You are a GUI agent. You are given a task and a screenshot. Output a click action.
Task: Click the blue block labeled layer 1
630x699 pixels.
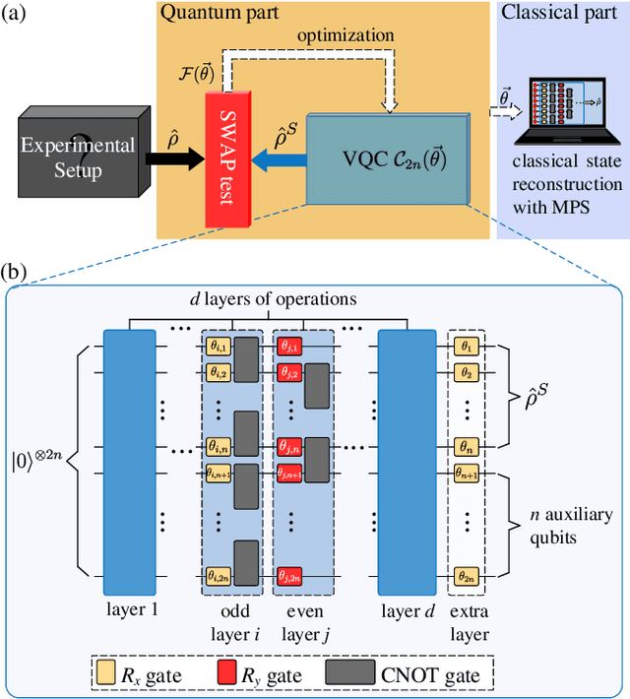click(x=128, y=454)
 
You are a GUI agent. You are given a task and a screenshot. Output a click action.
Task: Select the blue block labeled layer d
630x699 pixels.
click(x=405, y=454)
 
